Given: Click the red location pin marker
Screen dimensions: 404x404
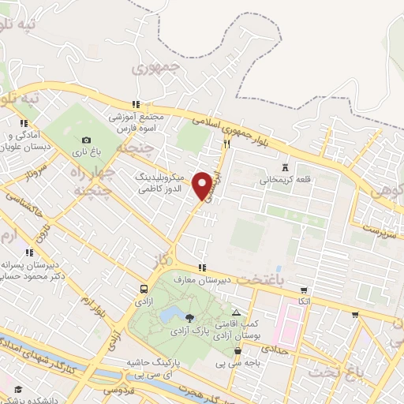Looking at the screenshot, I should [x=203, y=186].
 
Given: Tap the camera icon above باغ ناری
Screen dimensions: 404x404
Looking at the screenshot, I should [x=86, y=139].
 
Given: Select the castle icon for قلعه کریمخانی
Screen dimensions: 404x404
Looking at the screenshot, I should [x=286, y=167].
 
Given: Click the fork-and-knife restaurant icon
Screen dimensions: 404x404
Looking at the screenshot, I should [x=226, y=144].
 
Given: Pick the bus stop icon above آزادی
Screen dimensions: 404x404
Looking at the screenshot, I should [x=144, y=290].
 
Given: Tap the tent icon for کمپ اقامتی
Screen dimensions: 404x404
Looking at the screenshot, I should [x=235, y=314].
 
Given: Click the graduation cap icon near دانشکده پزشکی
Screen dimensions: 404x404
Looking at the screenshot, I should [x=17, y=389].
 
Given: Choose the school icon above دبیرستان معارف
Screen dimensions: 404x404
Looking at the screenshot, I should [x=203, y=267].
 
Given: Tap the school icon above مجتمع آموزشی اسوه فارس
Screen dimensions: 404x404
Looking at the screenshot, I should [x=137, y=103].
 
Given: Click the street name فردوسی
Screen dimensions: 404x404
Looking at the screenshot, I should [x=121, y=391].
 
